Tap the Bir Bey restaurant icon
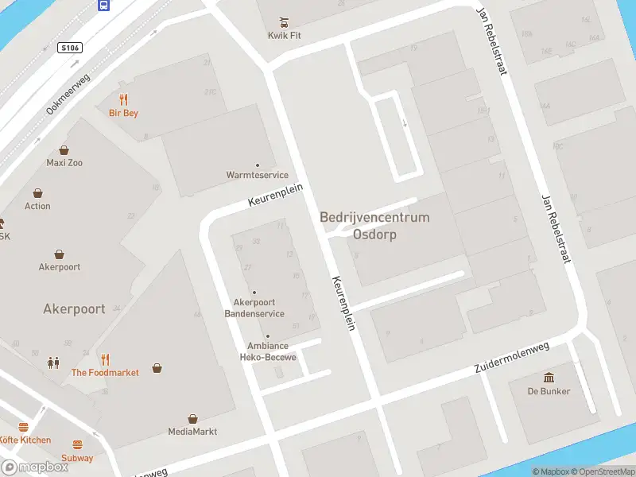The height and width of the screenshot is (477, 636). tap(123, 99)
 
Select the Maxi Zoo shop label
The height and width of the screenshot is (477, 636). tap(64, 162)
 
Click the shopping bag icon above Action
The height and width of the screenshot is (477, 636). tap(37, 193)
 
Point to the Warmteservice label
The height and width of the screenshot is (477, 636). tap(256, 175)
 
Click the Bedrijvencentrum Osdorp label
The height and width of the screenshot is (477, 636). tap(374, 226)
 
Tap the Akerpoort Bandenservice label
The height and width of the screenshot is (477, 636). tap(254, 308)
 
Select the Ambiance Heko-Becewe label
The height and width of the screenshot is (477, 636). tap(268, 351)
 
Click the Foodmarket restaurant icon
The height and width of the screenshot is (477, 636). tap(105, 359)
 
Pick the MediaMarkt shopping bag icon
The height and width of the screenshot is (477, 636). tap(192, 418)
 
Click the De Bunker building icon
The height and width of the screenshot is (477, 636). tap(549, 377)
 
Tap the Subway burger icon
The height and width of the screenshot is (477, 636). tap(77, 445)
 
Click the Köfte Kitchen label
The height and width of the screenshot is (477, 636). tap(25, 440)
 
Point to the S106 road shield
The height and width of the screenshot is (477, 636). tap(71, 48)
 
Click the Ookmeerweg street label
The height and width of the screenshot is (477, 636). tap(68, 95)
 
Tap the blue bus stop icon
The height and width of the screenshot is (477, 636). tap(103, 5)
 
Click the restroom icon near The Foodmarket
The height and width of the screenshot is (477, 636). tap(53, 363)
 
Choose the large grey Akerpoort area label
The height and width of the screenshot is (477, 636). tap(74, 309)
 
